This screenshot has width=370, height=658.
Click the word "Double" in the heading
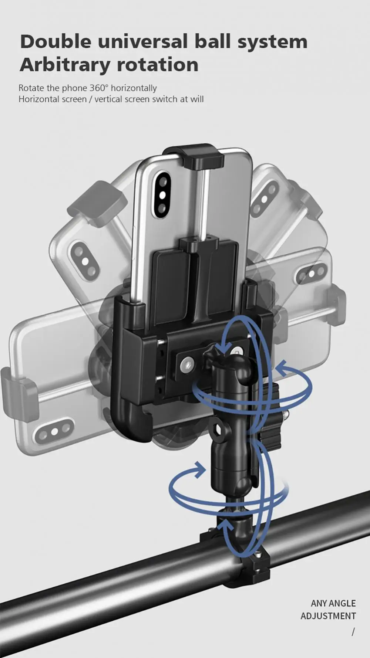55,41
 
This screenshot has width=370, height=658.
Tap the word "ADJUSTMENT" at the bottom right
328,616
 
